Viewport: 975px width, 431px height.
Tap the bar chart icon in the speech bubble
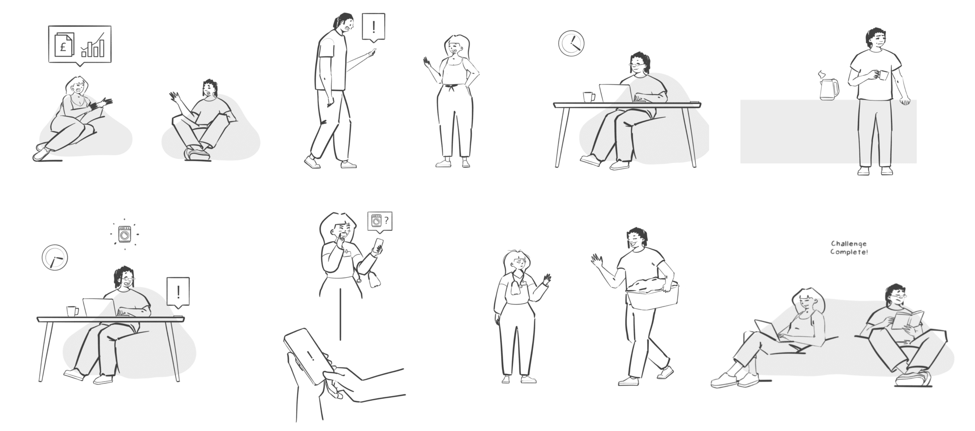coord(93,45)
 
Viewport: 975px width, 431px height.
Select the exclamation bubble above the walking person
coord(374,27)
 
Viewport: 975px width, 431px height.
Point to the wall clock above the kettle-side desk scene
coord(571,43)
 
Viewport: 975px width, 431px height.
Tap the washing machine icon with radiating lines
coord(125,234)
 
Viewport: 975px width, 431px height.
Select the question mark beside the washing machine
coord(386,220)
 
